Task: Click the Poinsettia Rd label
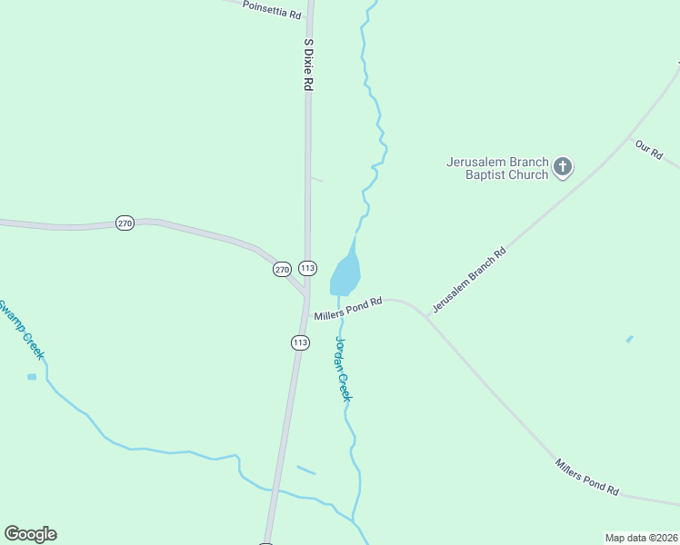[x=272, y=11]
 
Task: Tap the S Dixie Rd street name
[x=308, y=64]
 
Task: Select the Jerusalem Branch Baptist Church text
[x=497, y=168]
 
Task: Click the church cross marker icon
[x=563, y=166]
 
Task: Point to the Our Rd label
[x=649, y=150]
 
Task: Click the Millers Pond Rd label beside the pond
[x=348, y=308]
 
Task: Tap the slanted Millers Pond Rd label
[x=587, y=477]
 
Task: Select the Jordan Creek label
[x=344, y=369]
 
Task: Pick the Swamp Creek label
[x=21, y=328]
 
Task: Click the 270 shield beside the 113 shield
[x=282, y=269]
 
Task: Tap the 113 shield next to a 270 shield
[x=307, y=268]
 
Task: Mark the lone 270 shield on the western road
[x=125, y=223]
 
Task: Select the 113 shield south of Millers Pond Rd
[x=300, y=342]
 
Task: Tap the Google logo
[x=30, y=534]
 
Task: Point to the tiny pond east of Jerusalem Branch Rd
[x=629, y=339]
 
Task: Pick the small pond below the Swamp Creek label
[x=32, y=376]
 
